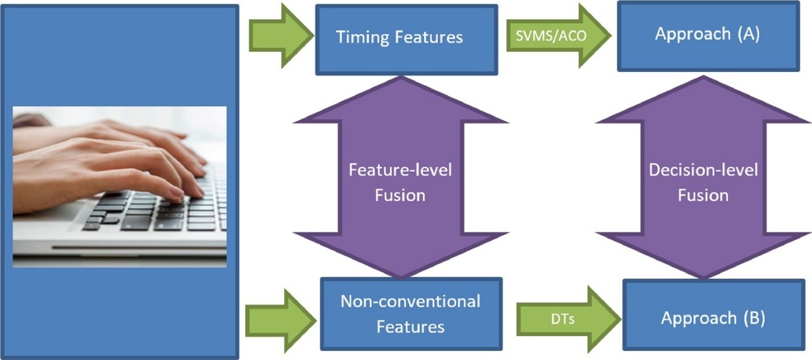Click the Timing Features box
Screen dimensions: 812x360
(406, 40)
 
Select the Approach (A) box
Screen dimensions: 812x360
(708, 36)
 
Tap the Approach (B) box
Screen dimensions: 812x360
(714, 314)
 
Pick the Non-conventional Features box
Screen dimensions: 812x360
(411, 314)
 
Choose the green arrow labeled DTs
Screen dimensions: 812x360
(569, 319)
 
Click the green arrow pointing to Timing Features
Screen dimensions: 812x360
(281, 35)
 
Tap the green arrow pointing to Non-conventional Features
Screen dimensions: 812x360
(281, 321)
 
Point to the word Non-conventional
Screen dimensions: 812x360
(411, 302)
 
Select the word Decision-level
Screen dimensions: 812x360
(703, 170)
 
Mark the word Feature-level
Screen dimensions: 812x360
(400, 170)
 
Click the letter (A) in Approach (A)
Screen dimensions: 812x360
(749, 34)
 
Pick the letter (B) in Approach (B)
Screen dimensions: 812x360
(754, 319)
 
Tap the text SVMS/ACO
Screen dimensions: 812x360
(551, 35)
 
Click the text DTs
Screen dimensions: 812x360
(563, 319)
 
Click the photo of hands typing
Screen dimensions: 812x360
(119, 187)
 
